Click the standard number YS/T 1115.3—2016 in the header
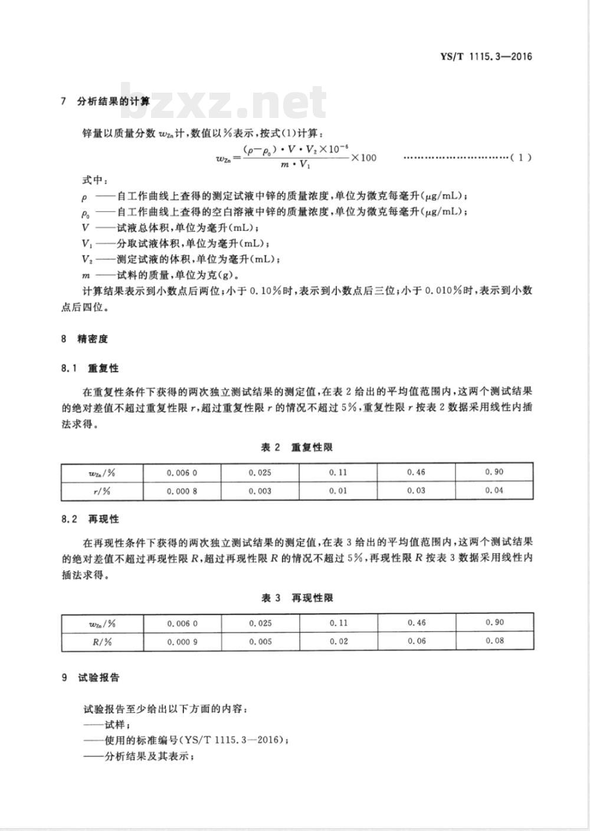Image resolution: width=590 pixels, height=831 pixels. (x=486, y=57)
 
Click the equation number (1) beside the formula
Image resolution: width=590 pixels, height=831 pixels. (x=521, y=157)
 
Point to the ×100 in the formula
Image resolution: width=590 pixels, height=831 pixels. (x=363, y=157)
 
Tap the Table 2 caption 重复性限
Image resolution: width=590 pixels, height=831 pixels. (x=297, y=447)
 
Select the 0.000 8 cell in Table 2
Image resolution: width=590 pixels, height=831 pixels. (x=182, y=491)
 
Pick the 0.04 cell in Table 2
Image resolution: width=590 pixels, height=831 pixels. (x=494, y=491)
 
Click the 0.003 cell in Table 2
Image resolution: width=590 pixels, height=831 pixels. (x=260, y=491)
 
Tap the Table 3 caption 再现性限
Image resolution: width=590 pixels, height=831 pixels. (x=297, y=597)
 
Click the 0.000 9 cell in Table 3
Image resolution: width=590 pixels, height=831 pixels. (x=182, y=641)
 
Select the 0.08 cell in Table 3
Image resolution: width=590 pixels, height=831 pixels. (x=494, y=641)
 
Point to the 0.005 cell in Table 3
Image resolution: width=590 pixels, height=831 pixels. (x=260, y=641)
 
